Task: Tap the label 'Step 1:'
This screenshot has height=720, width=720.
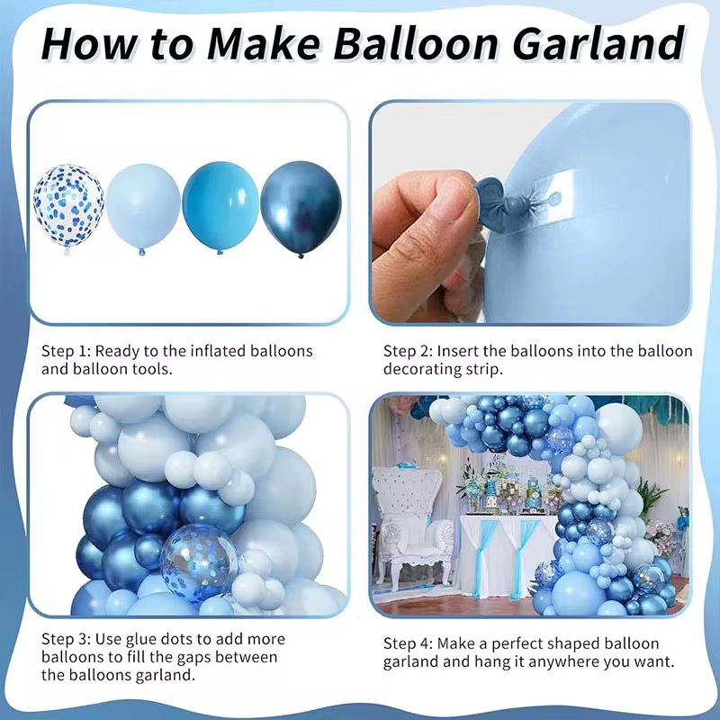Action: pos(66,351)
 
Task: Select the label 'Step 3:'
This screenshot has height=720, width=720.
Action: pos(66,639)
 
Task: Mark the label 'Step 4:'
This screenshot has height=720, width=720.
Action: pos(408,644)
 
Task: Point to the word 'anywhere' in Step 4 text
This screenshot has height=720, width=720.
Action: pos(581,663)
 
